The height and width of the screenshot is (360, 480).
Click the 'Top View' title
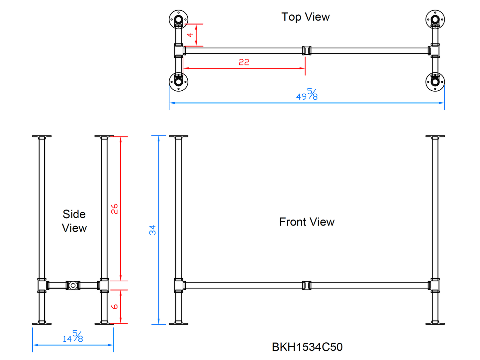pos(305,17)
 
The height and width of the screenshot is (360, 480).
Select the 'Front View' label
pos(307,222)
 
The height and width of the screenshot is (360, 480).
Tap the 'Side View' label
pos(74,221)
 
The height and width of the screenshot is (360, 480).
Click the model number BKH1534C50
pos(307,347)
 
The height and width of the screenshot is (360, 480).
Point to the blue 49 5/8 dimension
pos(307,95)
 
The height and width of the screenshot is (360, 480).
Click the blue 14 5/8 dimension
pos(73,337)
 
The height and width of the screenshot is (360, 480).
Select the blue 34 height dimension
pos(152,230)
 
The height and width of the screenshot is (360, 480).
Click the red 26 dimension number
pos(115,209)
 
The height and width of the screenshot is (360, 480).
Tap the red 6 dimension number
pos(115,306)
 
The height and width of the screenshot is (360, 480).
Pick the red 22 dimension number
pos(244,62)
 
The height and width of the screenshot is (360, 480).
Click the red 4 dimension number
pos(190,35)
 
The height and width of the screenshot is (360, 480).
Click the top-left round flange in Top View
pos(178,19)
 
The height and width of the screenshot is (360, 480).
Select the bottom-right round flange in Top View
pos(435,82)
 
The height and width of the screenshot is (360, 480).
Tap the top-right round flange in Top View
pos(435,19)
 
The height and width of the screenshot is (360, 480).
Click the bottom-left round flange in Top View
pos(178,82)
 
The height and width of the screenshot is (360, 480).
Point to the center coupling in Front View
pos(307,285)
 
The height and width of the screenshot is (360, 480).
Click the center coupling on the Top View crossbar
pos(307,50)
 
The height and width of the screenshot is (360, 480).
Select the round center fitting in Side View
pos(73,285)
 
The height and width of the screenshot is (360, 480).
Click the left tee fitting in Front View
pos(179,285)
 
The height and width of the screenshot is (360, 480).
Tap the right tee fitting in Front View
pos(435,285)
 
